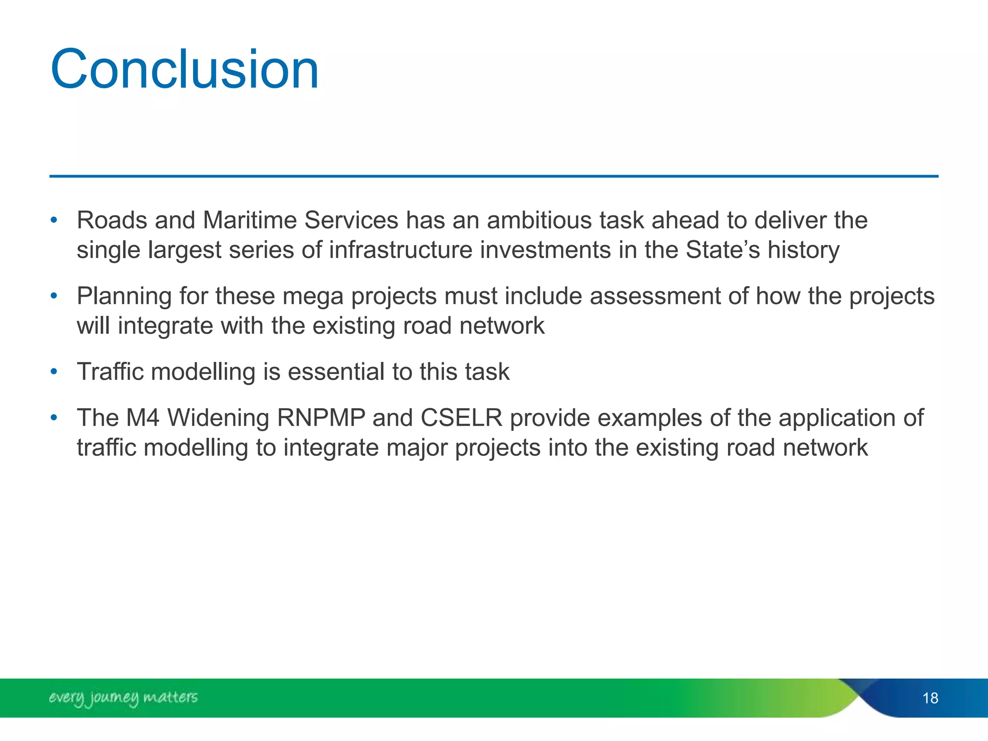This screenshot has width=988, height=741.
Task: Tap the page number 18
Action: (x=930, y=698)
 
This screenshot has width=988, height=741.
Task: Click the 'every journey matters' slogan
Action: (x=123, y=698)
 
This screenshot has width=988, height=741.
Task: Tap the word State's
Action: (x=722, y=250)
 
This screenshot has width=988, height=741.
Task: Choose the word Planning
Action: (x=124, y=297)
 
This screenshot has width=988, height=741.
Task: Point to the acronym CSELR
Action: (x=461, y=418)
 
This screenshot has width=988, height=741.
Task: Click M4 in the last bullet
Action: (x=142, y=418)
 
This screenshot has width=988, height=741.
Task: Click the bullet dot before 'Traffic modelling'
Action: (x=54, y=372)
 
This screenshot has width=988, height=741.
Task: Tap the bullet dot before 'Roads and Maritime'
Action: (x=54, y=221)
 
